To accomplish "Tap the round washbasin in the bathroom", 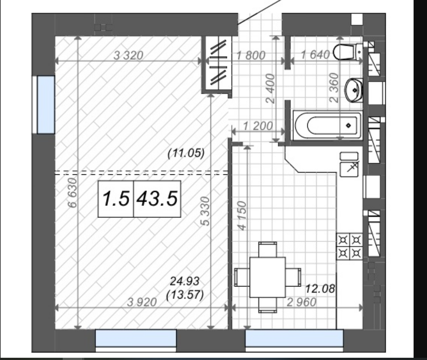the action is click(x=354, y=90).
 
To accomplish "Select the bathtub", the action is click(x=328, y=126).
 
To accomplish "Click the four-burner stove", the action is click(x=349, y=247).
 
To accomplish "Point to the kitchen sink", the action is click(x=349, y=165).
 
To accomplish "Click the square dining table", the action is click(x=267, y=277).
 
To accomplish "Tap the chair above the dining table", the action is click(x=267, y=249).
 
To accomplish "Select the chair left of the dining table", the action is click(x=242, y=277).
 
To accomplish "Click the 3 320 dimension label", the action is click(x=128, y=56).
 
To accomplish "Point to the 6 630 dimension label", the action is click(x=73, y=193).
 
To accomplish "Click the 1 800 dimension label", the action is click(x=251, y=55).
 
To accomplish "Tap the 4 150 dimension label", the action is click(x=242, y=216).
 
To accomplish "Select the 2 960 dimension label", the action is click(x=302, y=302).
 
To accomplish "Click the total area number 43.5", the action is click(x=157, y=199).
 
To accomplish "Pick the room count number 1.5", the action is click(x=116, y=199).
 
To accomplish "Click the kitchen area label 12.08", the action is click(x=320, y=289).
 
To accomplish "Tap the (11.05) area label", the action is click(x=186, y=153).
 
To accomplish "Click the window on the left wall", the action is click(x=46, y=104).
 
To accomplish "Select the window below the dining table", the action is click(x=294, y=338).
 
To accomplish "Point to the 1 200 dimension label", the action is click(x=258, y=126).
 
